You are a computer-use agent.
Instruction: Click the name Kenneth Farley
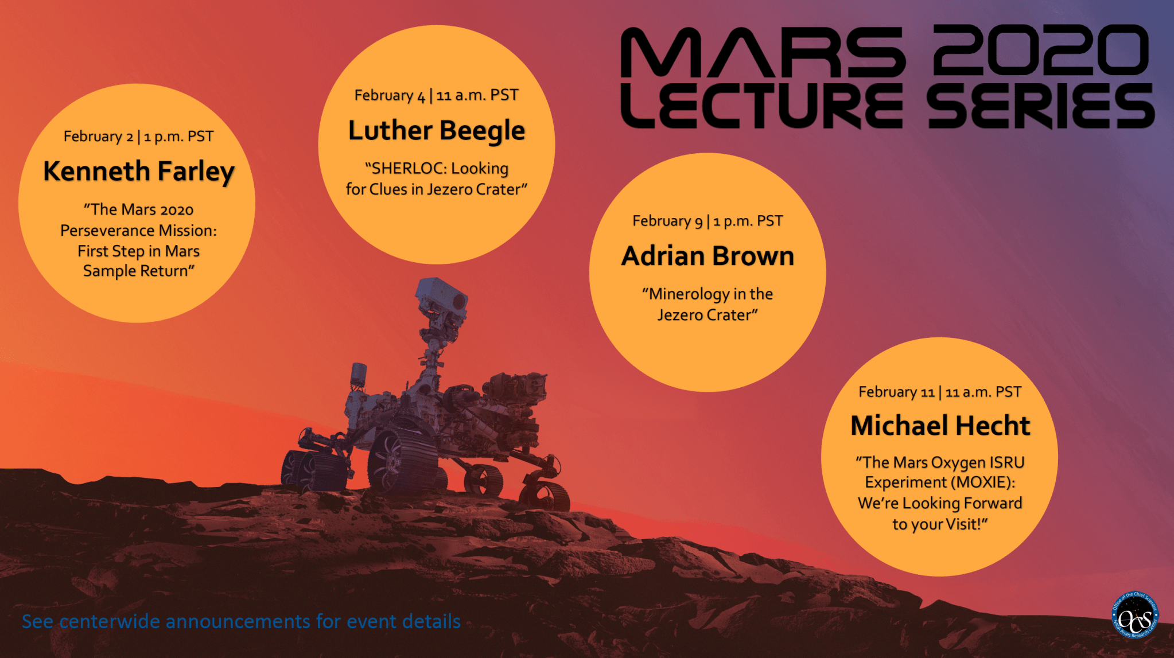coord(139,172)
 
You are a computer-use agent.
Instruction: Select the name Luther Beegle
coord(437,131)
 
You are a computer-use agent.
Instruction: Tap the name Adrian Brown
coord(708,256)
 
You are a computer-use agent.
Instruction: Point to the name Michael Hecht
coord(940,426)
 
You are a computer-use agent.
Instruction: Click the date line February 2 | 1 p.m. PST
coord(138,137)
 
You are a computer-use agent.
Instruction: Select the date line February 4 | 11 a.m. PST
coord(437,95)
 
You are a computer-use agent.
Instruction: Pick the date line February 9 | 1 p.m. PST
coord(707,221)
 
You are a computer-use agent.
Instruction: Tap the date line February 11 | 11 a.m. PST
coord(940,392)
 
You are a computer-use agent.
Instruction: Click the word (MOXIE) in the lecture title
coord(982,482)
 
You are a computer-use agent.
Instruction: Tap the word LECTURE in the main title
coord(762,106)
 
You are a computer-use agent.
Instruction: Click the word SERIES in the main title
coord(1040,106)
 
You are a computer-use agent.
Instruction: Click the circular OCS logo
coord(1134,616)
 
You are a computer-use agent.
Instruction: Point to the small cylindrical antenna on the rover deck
coord(359,374)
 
